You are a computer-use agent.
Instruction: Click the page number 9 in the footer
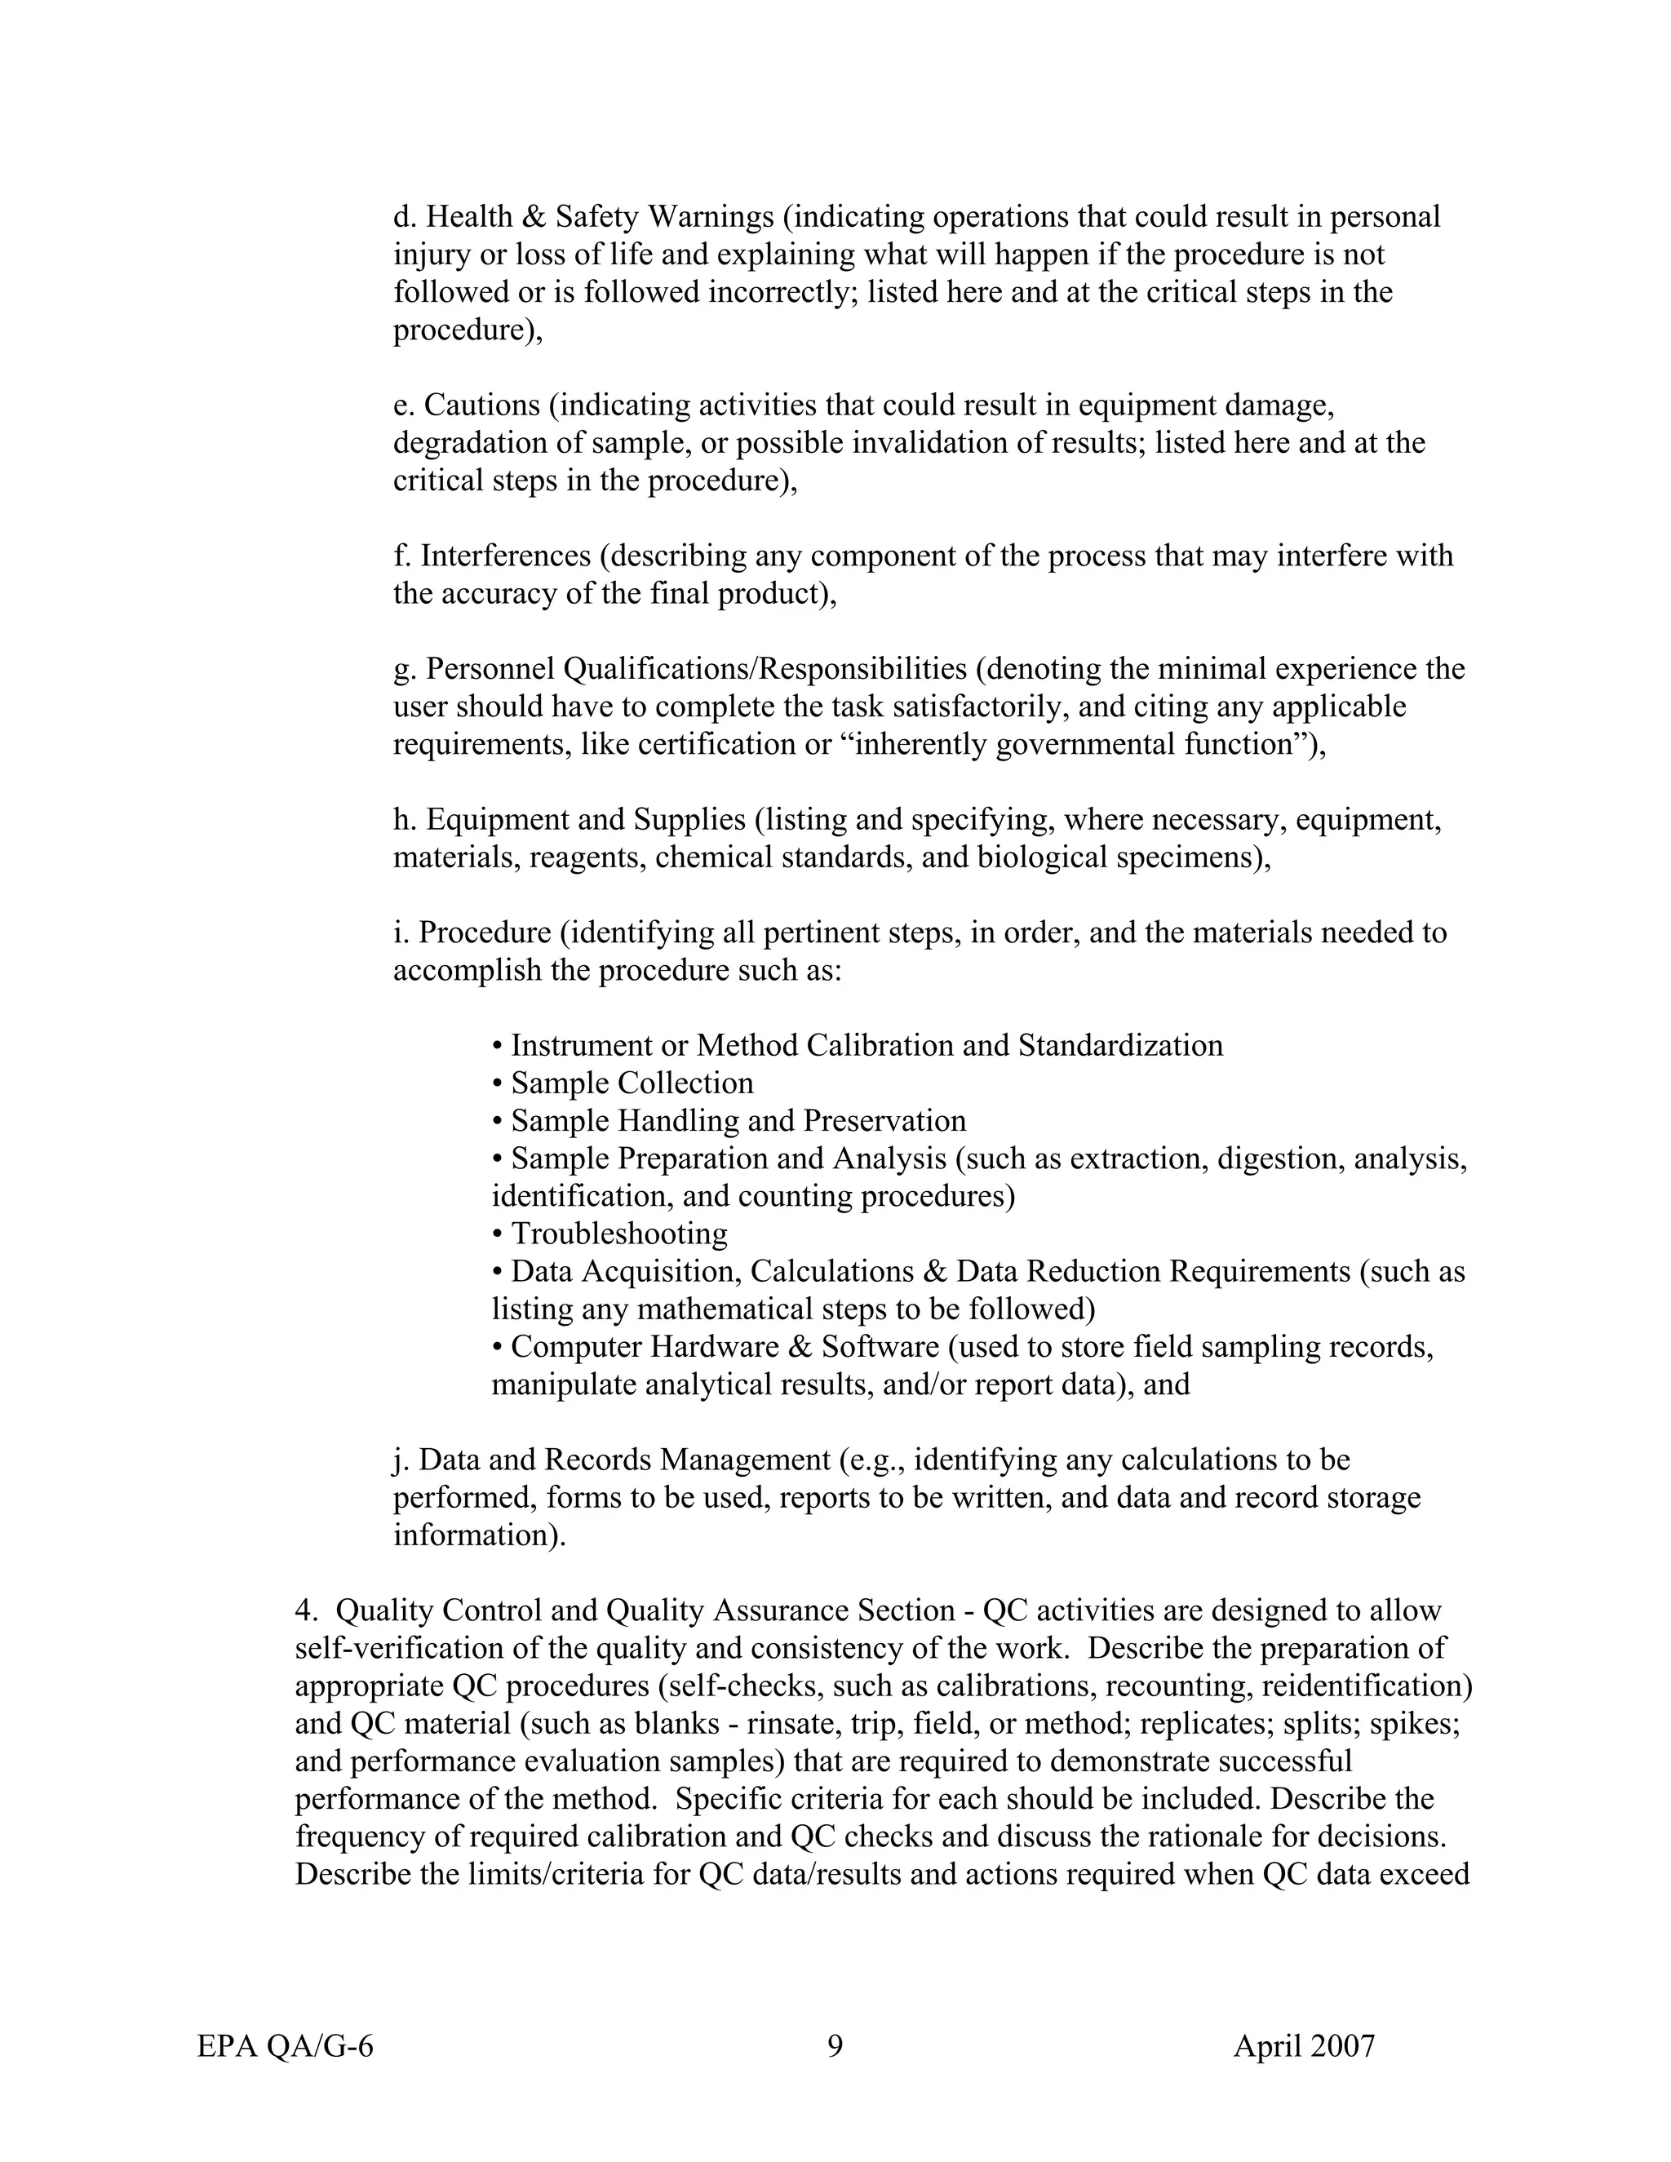pos(835,2045)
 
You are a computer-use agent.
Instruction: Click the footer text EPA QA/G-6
pos(285,2046)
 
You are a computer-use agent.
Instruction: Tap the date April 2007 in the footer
pos(1304,2046)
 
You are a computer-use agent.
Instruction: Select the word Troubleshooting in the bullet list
pos(618,1234)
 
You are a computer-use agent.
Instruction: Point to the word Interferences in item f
pos(506,556)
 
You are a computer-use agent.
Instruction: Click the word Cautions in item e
pos(482,405)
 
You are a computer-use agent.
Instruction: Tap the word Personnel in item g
pos(491,668)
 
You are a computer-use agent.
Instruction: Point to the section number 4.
pos(306,1610)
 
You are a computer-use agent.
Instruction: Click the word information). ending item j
pos(480,1535)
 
